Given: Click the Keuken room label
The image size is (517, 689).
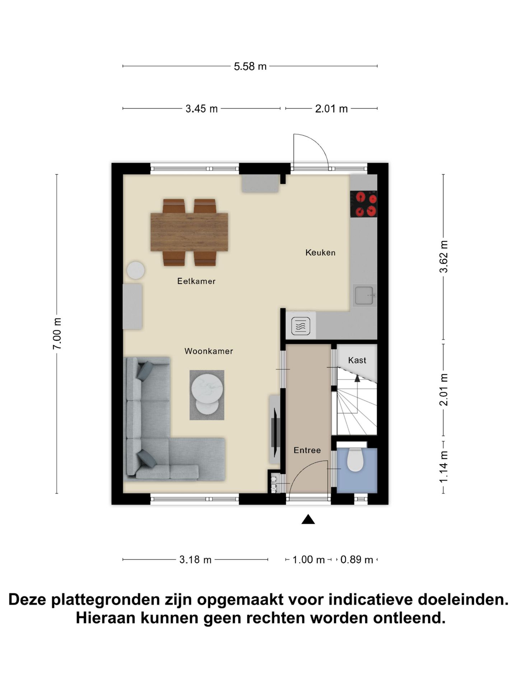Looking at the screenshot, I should (x=320, y=253).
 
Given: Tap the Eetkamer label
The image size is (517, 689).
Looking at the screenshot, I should (x=196, y=281).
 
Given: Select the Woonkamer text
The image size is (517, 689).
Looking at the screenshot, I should (x=209, y=351).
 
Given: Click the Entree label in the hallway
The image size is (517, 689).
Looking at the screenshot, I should (x=307, y=450).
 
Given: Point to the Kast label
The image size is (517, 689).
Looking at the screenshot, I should (x=357, y=360).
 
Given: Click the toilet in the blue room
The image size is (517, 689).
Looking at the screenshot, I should (x=355, y=460).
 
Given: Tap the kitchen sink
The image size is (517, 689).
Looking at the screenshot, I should (x=364, y=295).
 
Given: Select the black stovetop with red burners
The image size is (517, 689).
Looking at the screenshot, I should (x=363, y=204).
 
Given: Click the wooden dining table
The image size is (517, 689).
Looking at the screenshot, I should (x=189, y=232).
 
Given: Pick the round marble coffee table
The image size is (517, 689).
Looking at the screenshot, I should (x=208, y=389).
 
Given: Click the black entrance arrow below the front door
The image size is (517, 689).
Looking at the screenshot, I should (x=308, y=520).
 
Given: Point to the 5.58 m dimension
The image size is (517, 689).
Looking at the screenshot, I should (x=250, y=66).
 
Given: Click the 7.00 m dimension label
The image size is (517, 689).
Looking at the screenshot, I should (x=57, y=333).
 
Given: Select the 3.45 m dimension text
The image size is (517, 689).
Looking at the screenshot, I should (x=201, y=109).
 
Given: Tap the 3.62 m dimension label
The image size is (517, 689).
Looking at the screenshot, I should (x=444, y=257).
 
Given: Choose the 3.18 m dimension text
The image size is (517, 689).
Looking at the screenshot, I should (x=195, y=559).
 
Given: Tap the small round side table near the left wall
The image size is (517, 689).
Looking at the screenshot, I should (x=136, y=270).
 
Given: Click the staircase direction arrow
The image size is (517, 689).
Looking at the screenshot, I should (x=357, y=378).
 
